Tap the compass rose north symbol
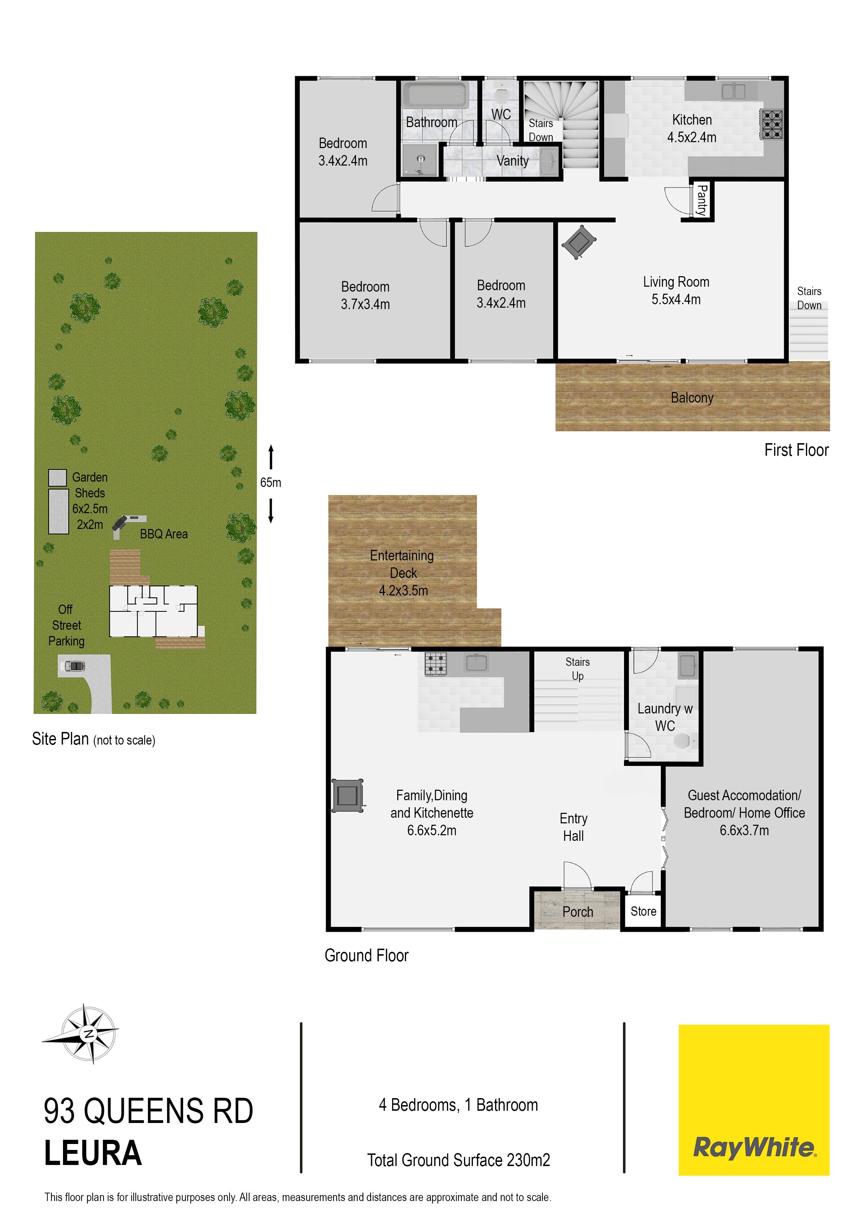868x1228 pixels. pyautogui.click(x=88, y=1033)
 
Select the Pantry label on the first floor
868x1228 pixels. pyautogui.click(x=702, y=200)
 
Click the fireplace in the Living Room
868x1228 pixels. pyautogui.click(x=578, y=242)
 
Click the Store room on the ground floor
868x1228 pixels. pyautogui.click(x=643, y=911)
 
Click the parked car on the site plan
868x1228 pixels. pyautogui.click(x=74, y=666)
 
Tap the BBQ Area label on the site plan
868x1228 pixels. pyautogui.click(x=164, y=534)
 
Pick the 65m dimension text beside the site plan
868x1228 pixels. pyautogui.click(x=271, y=482)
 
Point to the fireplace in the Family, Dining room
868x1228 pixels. pyautogui.click(x=348, y=795)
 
